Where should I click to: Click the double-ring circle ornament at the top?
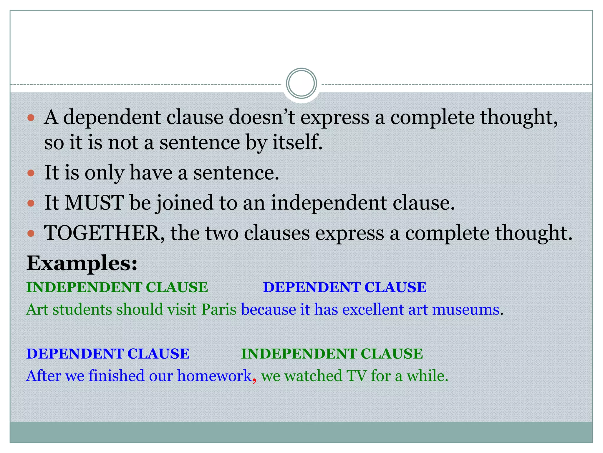point(301,83)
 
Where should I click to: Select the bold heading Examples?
point(82,263)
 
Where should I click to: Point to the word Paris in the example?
point(219,310)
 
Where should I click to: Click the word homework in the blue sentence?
point(214,376)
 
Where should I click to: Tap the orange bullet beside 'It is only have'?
point(31,173)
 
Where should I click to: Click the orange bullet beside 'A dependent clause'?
point(31,118)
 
